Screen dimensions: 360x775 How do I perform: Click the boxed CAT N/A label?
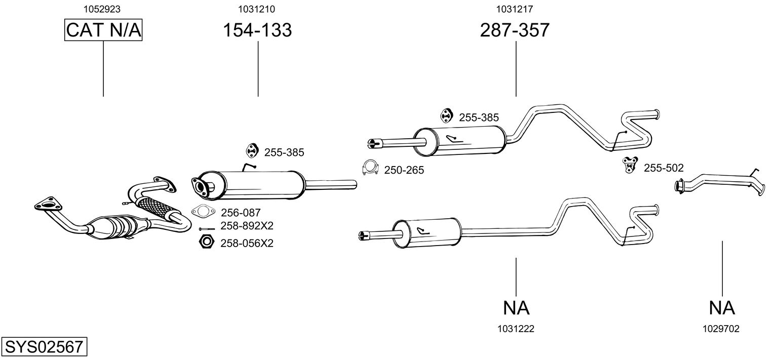coord(103,30)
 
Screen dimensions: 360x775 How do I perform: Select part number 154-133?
coord(257,30)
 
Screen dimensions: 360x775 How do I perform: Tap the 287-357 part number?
coord(515,30)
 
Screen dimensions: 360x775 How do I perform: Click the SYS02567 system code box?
coord(44,347)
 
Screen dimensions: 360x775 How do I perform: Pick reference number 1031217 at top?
coord(515,9)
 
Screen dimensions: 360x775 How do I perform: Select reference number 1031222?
coord(516,329)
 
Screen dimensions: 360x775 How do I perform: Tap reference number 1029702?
coord(721,329)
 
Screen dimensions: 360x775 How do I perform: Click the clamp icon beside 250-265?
coord(371,168)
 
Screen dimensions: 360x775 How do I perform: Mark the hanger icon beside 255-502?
coord(629,164)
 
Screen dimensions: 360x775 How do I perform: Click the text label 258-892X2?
coord(247,226)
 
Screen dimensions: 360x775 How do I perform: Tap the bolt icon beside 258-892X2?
coord(207,228)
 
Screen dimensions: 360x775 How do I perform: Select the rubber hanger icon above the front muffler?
coord(251,150)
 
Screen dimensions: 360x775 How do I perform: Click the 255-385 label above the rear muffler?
coord(479,117)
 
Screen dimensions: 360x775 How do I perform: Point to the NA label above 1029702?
coord(722,307)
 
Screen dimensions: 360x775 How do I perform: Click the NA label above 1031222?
coord(516,307)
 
